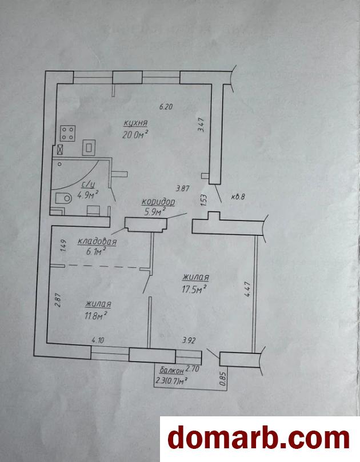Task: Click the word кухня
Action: click(135, 123)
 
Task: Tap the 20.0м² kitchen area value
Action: click(135, 134)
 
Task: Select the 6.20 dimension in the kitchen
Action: click(166, 107)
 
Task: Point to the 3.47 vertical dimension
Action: click(202, 124)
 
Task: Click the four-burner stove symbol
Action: click(68, 133)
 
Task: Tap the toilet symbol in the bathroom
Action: click(63, 198)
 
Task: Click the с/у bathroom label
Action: click(88, 185)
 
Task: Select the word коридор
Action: click(158, 202)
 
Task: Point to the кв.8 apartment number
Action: click(238, 197)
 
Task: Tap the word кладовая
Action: click(97, 242)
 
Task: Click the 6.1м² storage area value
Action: click(95, 252)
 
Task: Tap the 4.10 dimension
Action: click(98, 340)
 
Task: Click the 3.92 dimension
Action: click(189, 340)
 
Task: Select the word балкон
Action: click(172, 370)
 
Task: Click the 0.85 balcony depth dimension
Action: click(223, 379)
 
